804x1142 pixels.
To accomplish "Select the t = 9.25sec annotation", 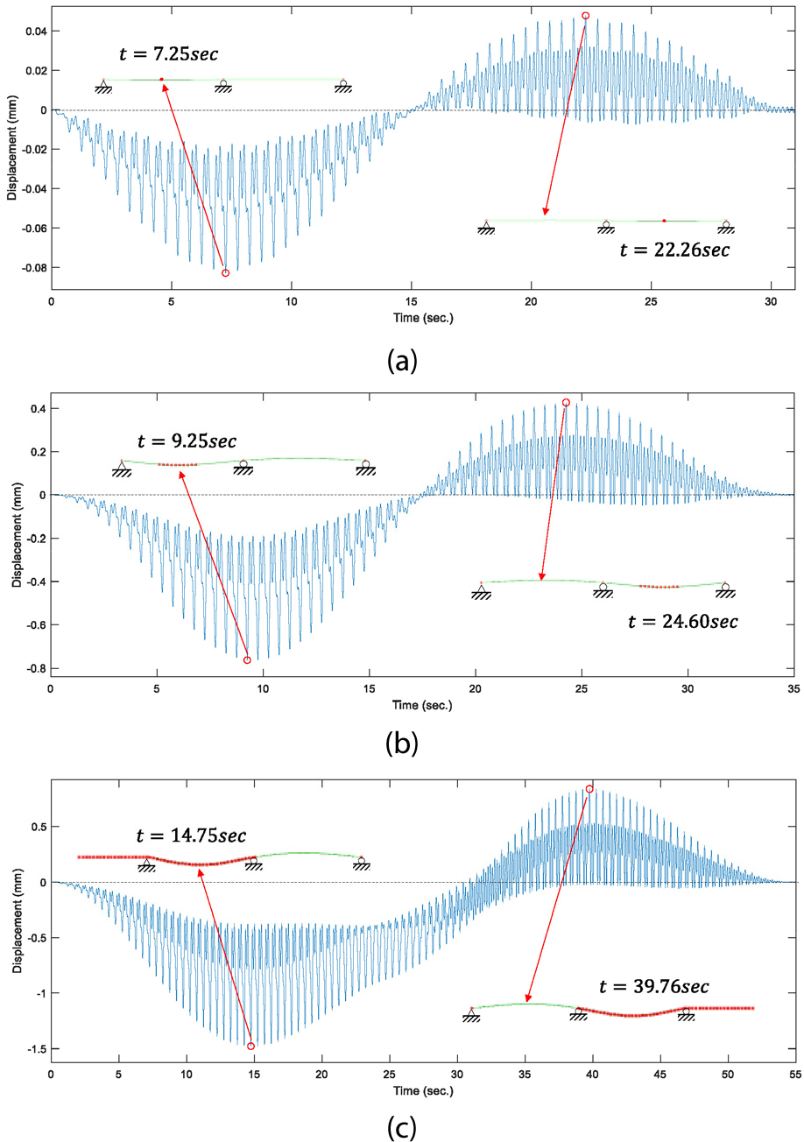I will (187, 440).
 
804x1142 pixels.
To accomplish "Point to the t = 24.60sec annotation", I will (683, 622).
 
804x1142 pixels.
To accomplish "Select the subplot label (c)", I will (402, 1125).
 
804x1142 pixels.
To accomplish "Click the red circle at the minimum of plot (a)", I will (225, 273).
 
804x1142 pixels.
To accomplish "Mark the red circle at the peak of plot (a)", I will (586, 16).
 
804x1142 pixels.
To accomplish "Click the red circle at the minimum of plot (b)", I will (247, 659).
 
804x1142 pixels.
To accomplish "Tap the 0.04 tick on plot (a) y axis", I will (34, 32).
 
